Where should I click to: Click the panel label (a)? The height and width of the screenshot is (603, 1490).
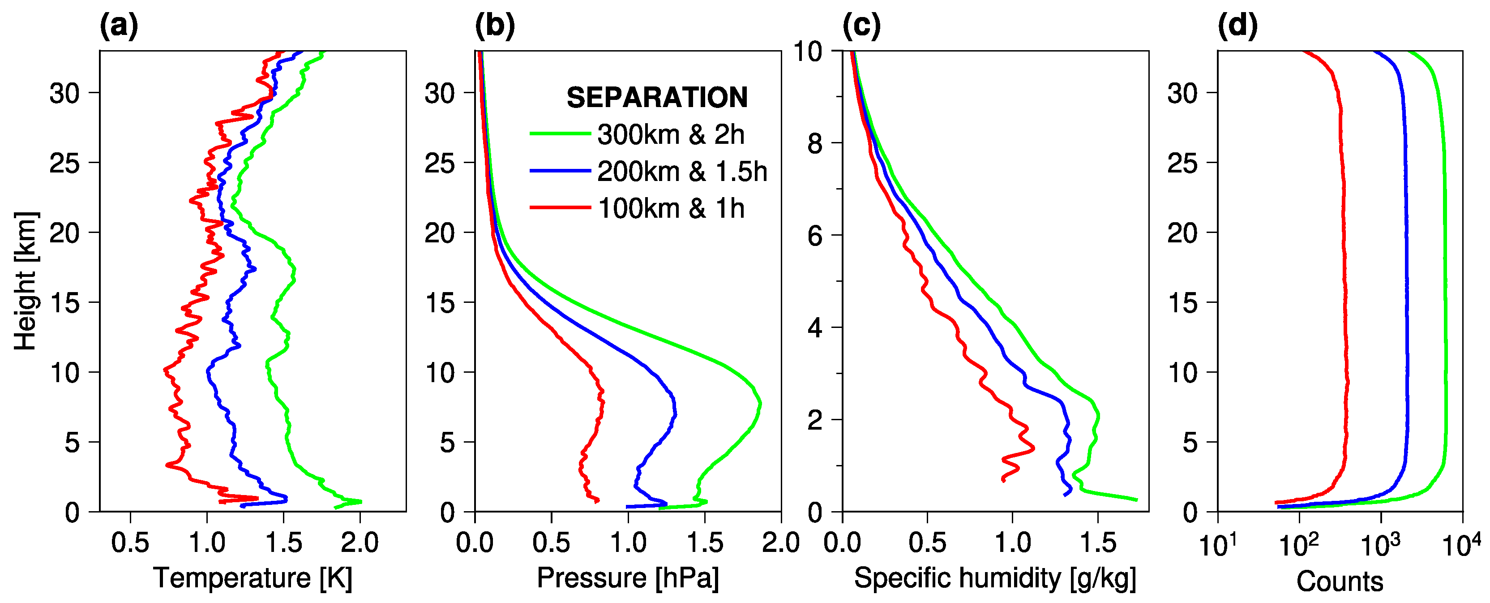[119, 26]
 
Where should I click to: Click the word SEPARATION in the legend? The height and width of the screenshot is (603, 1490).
[656, 97]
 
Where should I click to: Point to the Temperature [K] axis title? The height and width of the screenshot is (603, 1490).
[253, 578]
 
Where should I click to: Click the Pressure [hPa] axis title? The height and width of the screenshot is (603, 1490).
[628, 578]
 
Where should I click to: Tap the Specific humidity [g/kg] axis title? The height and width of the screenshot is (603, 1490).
[995, 578]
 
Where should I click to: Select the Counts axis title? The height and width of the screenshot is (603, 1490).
[1340, 581]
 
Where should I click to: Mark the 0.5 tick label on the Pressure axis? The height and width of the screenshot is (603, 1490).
[551, 543]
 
